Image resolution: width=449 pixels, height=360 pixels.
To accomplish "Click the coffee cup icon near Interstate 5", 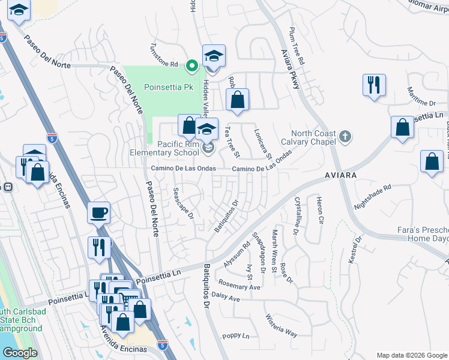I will (98, 212).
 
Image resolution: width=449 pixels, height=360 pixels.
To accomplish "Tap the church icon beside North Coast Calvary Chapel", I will (345, 137).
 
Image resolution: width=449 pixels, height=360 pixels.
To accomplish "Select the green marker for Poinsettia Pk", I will (191, 66).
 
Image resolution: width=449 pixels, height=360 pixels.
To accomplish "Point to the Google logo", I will (20, 353).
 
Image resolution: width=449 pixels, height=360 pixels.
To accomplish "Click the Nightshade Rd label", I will (372, 196).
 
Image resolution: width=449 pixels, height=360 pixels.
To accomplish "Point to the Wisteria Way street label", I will (282, 325).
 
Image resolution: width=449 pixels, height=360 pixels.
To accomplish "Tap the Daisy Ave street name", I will (226, 298).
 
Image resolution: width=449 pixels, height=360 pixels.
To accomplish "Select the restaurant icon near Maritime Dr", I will (374, 85).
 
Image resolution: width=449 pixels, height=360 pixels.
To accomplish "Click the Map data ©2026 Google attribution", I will (411, 355).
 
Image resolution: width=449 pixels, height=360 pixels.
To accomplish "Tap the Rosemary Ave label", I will (240, 286).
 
